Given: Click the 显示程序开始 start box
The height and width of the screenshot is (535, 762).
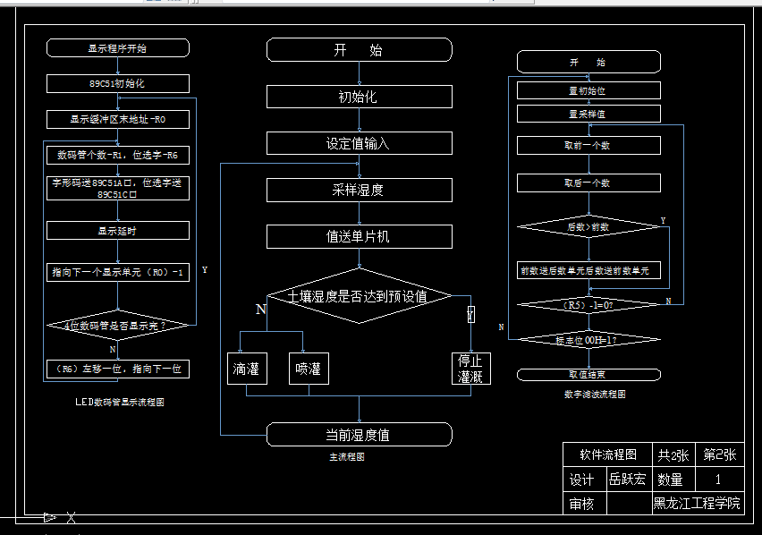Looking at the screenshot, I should (x=117, y=48).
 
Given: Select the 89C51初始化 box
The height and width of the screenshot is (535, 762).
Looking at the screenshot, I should (x=117, y=83).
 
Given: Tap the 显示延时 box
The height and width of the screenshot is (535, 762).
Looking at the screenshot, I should (x=117, y=230).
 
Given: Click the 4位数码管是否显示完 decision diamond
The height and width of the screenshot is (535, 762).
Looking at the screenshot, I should (x=117, y=327).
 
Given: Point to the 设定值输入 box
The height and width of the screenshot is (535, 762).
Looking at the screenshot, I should (x=359, y=143).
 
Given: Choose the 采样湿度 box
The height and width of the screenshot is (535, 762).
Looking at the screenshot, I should (x=359, y=190).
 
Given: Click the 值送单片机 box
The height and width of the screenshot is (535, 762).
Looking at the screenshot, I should (x=359, y=236).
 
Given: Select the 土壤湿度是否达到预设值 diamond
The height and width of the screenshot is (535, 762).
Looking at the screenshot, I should (x=359, y=295).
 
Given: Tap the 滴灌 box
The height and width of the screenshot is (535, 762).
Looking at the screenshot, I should (x=246, y=369).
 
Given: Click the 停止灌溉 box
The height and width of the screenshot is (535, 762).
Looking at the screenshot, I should (x=471, y=369).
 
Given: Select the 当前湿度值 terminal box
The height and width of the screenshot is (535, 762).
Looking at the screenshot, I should (x=359, y=435).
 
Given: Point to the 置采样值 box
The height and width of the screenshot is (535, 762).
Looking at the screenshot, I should (x=588, y=114).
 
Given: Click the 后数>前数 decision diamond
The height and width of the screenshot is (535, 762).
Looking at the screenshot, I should (x=588, y=227).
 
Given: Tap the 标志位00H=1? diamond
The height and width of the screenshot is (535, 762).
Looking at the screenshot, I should (x=588, y=340).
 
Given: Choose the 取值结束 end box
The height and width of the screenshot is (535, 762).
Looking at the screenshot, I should (x=588, y=374).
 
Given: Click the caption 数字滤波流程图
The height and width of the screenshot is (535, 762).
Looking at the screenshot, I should (x=595, y=394).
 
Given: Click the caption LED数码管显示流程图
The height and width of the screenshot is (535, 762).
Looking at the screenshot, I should (x=120, y=403).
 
